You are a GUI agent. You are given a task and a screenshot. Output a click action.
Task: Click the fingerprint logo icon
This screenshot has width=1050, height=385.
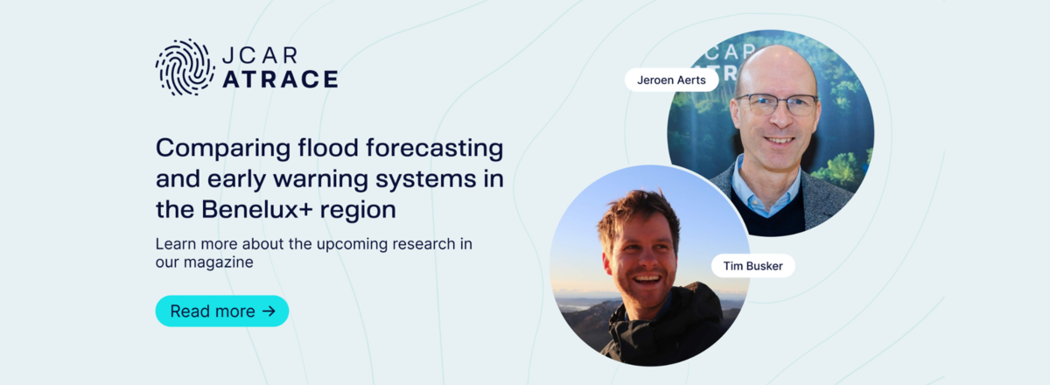(x=185, y=67)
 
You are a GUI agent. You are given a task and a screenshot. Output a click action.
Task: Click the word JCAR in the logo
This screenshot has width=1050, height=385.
(x=260, y=55)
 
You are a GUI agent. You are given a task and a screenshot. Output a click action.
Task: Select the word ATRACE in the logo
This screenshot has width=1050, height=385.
(x=280, y=79)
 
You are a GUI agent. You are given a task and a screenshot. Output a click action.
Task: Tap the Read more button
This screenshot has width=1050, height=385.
(x=222, y=311)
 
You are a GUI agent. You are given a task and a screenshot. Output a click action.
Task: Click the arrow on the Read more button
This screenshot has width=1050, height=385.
(x=269, y=311)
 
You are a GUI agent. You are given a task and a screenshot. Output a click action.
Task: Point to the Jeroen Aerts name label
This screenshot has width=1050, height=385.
(x=671, y=80)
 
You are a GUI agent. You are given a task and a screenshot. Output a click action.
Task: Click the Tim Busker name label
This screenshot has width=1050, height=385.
(x=752, y=266)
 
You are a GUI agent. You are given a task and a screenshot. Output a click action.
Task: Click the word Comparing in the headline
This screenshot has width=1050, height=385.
(x=223, y=150)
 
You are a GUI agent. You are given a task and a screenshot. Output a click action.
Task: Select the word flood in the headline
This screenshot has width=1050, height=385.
(x=328, y=147)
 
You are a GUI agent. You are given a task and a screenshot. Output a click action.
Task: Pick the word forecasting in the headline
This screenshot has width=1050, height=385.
(x=435, y=149)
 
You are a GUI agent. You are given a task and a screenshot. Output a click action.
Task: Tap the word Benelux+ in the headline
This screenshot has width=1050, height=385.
(x=257, y=209)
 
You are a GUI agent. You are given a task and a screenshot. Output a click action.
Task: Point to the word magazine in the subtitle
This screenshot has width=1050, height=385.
(x=218, y=262)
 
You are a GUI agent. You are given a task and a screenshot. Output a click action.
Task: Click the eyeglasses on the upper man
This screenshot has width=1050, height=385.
(x=777, y=104)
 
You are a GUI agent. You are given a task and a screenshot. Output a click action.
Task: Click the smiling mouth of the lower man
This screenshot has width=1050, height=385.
(x=647, y=280)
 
